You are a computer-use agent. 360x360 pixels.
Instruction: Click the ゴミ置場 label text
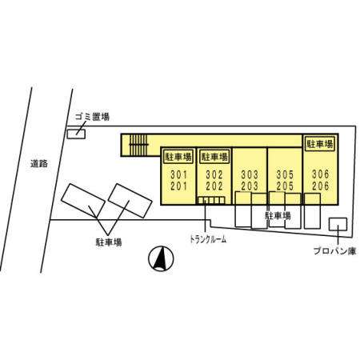[x=92, y=117]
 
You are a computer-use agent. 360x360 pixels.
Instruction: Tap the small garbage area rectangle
[x=76, y=134]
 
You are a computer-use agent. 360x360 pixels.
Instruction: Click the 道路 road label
[x=39, y=163]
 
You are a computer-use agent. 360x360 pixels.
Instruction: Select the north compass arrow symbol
[x=161, y=258]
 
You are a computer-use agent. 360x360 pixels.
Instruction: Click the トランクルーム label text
[x=208, y=239]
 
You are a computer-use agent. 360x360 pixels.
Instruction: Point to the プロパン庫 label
[x=334, y=251]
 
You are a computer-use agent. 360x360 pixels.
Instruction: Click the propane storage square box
[x=338, y=224]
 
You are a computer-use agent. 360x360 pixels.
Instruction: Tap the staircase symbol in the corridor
[x=138, y=145]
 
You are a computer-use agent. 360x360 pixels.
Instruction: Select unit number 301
[x=179, y=175]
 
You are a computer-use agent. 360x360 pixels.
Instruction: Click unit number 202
[x=214, y=186]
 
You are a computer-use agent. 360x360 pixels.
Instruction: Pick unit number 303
[x=250, y=175]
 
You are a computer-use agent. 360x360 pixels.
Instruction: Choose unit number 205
[x=285, y=186]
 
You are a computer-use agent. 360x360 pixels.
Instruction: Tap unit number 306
[x=321, y=174]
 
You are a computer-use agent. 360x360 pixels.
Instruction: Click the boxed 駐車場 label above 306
[x=320, y=144]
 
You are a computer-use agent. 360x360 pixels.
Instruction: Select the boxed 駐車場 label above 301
[x=178, y=157]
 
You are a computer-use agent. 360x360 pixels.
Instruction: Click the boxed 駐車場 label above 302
[x=214, y=157]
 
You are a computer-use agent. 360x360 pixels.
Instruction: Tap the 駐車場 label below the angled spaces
[x=109, y=242]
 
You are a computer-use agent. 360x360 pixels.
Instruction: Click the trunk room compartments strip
[x=211, y=200]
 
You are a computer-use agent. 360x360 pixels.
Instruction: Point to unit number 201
[x=179, y=186]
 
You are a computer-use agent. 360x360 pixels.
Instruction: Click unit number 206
[x=321, y=186]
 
